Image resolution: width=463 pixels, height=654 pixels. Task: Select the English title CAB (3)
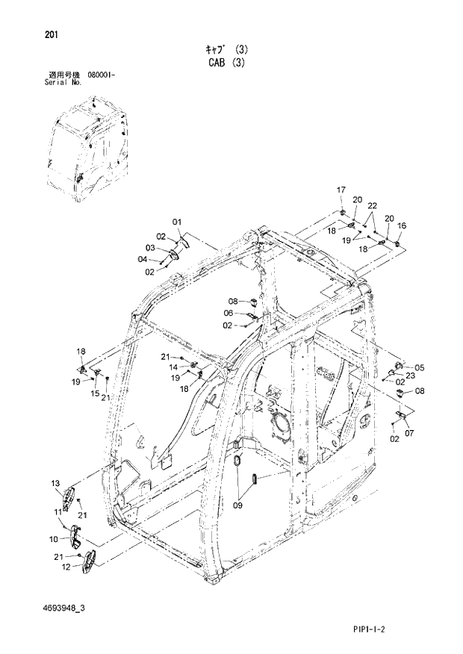coord(232,63)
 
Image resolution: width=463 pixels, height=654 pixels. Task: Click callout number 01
coord(177,222)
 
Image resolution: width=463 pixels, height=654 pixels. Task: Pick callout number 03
coord(149,248)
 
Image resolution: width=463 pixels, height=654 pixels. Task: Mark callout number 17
coord(341,190)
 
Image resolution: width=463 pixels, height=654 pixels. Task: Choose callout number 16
coord(402,225)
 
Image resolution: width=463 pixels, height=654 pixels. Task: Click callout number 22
coord(372,206)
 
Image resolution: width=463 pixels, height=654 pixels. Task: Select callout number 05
coord(419,367)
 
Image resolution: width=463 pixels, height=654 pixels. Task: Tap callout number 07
coord(408,433)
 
